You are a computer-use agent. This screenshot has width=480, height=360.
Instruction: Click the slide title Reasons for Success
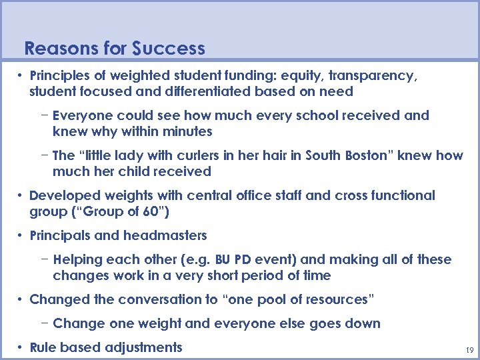[x=114, y=49]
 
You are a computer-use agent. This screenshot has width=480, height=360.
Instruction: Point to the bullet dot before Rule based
[x=21, y=347]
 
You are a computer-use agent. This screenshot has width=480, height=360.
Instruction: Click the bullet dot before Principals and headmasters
[x=21, y=235]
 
